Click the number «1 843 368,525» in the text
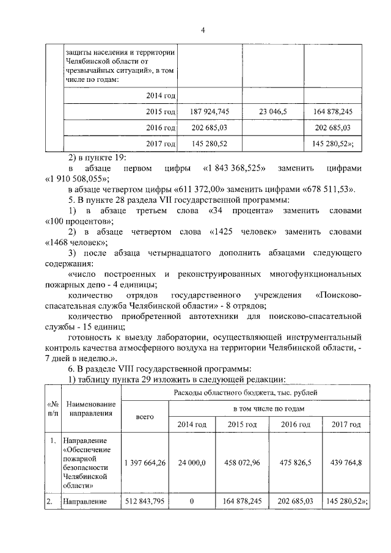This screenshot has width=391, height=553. pos(232,167)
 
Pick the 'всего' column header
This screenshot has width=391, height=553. pos(144,416)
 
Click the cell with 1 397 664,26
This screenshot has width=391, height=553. pos(144,463)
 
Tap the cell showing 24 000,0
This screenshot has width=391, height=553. pos(192,463)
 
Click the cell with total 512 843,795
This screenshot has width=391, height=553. pos(144,502)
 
